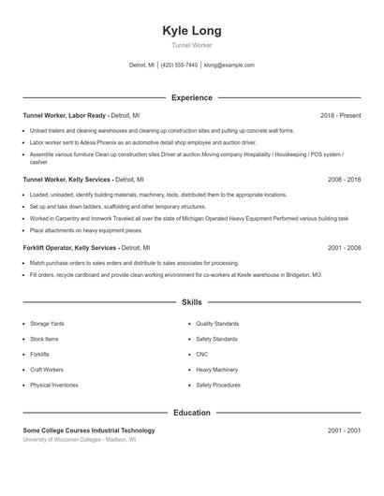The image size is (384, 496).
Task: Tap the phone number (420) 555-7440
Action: (x=179, y=66)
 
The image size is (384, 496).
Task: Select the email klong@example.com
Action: (x=229, y=66)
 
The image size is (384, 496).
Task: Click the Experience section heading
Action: (x=191, y=97)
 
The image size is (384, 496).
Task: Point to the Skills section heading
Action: (x=191, y=303)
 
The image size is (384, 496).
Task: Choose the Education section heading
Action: (x=191, y=413)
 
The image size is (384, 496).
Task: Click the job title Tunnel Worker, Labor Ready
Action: (x=66, y=116)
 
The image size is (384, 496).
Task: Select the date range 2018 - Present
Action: (x=340, y=116)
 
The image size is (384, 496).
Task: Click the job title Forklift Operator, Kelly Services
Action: (x=70, y=248)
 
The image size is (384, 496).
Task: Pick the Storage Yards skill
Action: (x=48, y=323)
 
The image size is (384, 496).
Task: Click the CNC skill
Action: (x=201, y=354)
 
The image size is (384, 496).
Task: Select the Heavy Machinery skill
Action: (x=216, y=370)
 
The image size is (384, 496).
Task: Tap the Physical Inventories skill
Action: (x=53, y=385)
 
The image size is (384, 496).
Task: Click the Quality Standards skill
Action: (x=217, y=323)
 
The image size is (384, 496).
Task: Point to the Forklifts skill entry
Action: (x=39, y=354)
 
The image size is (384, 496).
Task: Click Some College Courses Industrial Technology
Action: (x=89, y=430)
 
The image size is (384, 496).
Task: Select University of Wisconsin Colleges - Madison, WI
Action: (x=80, y=439)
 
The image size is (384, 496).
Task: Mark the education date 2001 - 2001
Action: (x=344, y=430)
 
